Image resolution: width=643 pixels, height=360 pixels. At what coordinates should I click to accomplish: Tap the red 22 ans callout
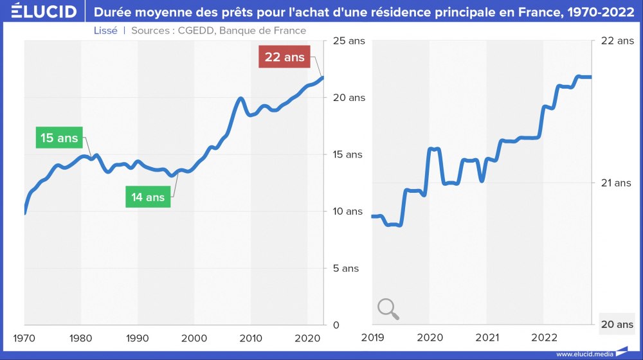tap(284, 57)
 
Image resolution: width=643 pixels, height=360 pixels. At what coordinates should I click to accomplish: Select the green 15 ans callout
tap(59, 138)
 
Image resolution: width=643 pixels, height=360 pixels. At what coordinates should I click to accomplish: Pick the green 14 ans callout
tap(148, 197)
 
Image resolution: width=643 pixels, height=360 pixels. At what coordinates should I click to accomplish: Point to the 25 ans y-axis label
tap(349, 41)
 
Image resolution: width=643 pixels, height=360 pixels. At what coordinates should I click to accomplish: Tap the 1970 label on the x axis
tap(24, 338)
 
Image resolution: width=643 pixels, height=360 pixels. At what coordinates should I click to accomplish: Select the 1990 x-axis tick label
tap(138, 338)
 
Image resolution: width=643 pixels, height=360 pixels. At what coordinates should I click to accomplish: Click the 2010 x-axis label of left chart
tap(251, 338)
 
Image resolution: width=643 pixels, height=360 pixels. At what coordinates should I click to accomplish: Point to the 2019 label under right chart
tap(372, 338)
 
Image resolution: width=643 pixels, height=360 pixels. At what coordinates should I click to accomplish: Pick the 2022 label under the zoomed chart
tap(544, 338)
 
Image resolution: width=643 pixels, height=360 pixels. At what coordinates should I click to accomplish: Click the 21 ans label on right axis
tap(616, 183)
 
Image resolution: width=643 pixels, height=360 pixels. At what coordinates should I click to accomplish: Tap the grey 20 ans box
tap(617, 325)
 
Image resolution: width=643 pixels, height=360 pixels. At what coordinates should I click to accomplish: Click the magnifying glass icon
tap(388, 309)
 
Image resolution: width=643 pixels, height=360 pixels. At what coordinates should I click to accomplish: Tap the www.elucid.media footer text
tap(584, 354)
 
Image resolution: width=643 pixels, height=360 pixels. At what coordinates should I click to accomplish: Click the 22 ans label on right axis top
tap(617, 41)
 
